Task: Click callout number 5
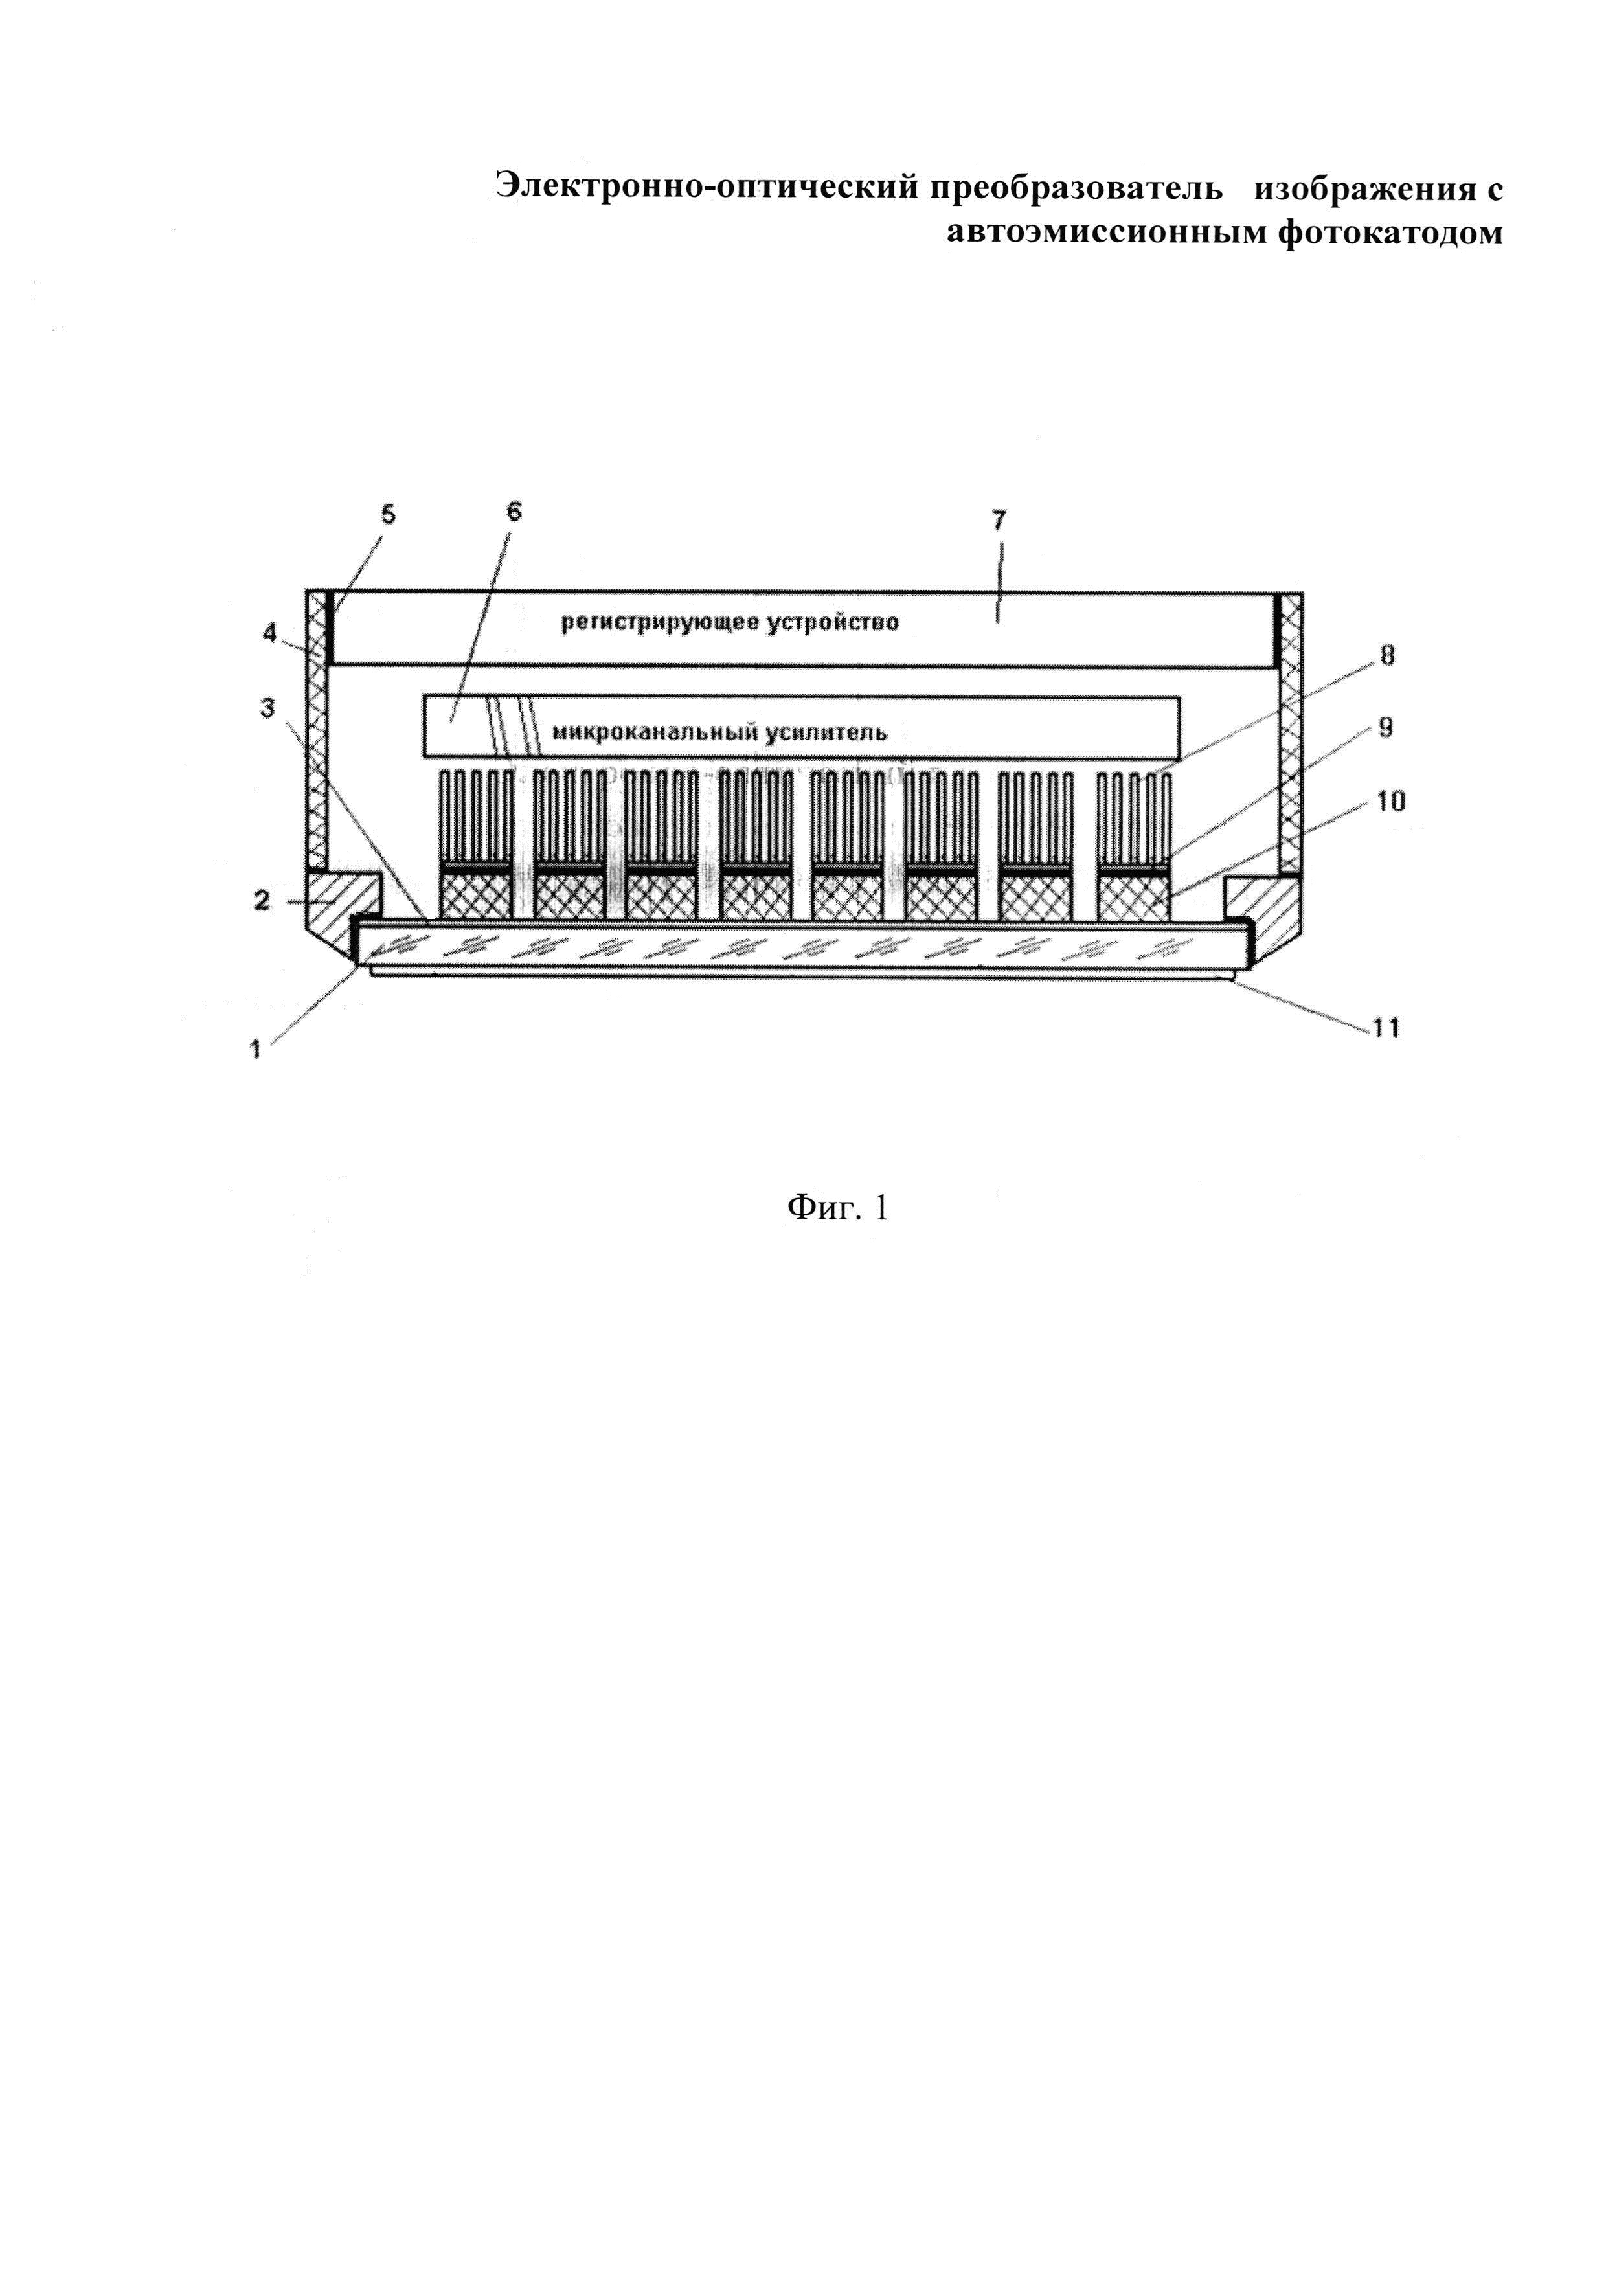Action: click(x=388, y=514)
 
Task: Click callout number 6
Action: click(x=514, y=512)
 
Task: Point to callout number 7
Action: click(x=999, y=520)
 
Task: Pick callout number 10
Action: click(x=1390, y=800)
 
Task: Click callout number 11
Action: click(x=1385, y=1028)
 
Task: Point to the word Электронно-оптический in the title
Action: click(x=707, y=187)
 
